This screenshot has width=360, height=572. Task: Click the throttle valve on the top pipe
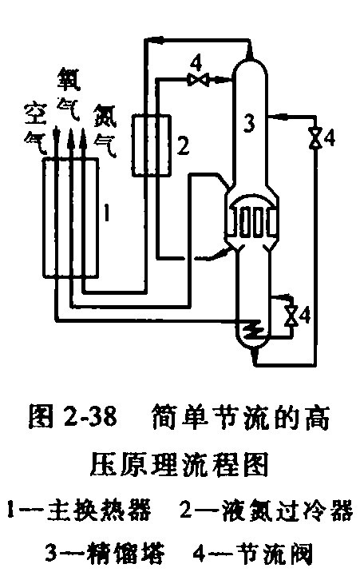(x=198, y=79)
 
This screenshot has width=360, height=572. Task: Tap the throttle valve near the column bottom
(x=291, y=316)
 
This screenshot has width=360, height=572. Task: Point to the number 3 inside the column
(x=250, y=123)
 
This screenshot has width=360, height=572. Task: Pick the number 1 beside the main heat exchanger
(x=106, y=213)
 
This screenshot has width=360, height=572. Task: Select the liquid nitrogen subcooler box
(x=151, y=145)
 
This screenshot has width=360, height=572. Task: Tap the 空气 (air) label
(x=35, y=128)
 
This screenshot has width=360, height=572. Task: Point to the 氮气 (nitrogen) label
(x=105, y=130)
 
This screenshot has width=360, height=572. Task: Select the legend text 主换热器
(x=99, y=510)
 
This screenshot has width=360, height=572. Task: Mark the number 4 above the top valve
(x=196, y=64)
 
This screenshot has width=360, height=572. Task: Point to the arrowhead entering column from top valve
(x=220, y=79)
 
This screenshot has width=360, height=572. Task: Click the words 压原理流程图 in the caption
(x=180, y=464)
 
